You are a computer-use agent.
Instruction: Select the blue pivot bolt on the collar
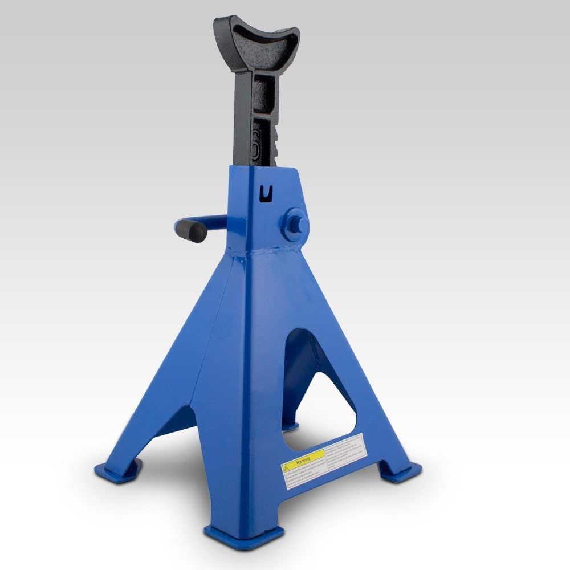click(296, 222)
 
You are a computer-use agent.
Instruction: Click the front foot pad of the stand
click(244, 536)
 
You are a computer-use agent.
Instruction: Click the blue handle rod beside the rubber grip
click(214, 219)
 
